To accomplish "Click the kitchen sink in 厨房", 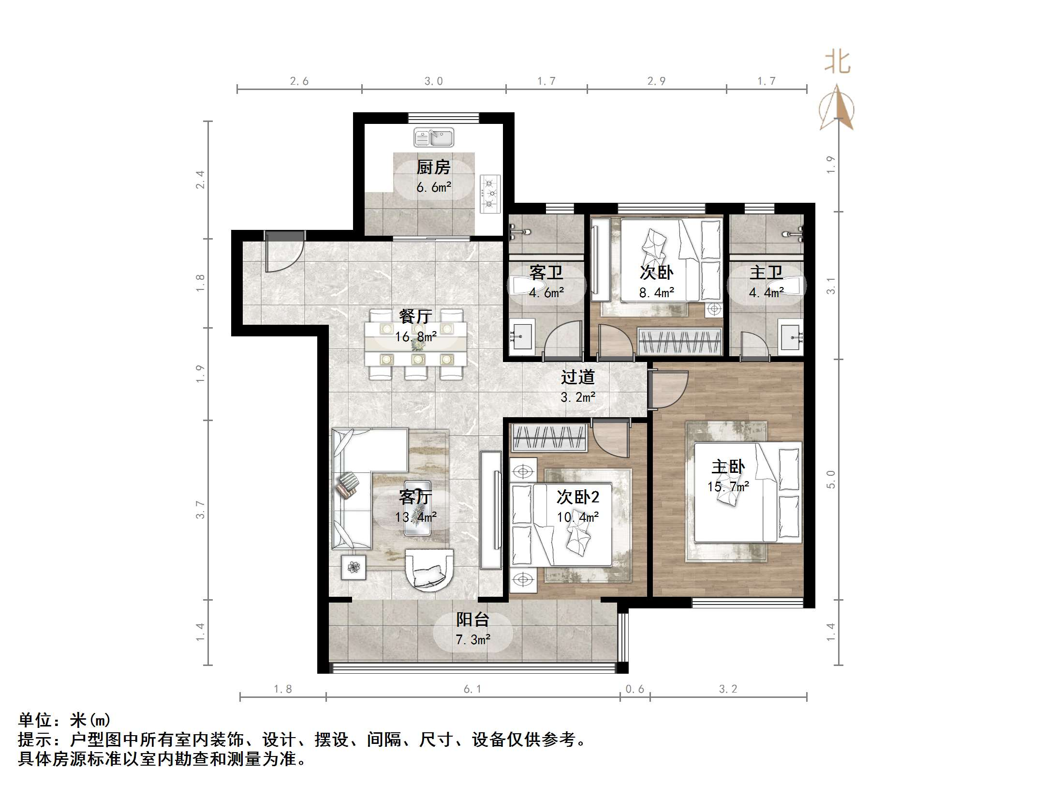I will [434, 137].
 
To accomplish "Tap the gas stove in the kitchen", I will [490, 194].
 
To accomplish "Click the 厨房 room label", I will [433, 167].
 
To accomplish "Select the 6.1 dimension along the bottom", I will [472, 689].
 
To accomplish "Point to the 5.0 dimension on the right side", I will [831, 479].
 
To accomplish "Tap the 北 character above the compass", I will [837, 63].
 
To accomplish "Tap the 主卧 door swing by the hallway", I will [669, 390].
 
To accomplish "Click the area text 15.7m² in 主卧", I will [728, 486].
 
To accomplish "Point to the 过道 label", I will [577, 377].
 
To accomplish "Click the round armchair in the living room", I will [429, 570].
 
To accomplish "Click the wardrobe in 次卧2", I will [549, 438].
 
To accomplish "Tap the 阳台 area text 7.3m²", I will [473, 639].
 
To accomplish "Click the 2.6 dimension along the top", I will [299, 81].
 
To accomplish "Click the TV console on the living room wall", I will [490, 510].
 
